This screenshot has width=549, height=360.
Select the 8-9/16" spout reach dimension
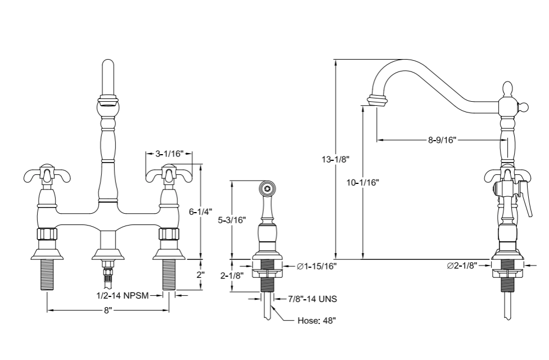(x=441, y=140)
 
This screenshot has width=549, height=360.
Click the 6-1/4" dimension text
(x=201, y=211)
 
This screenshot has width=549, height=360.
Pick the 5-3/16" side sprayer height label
(x=232, y=220)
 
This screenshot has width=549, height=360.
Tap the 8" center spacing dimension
(x=108, y=310)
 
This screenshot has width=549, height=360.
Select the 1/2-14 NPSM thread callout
(x=122, y=295)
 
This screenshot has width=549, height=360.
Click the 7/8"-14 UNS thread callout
(x=312, y=299)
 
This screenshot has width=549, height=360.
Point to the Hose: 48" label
(x=317, y=321)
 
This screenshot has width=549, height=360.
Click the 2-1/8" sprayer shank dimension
(x=232, y=276)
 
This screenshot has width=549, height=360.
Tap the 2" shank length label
(x=200, y=275)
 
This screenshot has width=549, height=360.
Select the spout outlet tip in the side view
(x=377, y=101)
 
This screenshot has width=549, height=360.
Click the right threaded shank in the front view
(x=169, y=276)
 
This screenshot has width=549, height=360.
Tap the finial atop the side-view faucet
(x=507, y=90)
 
